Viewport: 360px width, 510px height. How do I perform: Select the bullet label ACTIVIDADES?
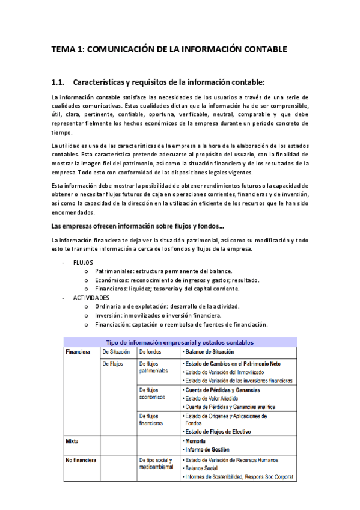click(x=91, y=298)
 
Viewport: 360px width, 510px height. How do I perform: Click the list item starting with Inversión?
click(x=158, y=315)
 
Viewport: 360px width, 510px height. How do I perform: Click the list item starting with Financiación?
click(x=181, y=324)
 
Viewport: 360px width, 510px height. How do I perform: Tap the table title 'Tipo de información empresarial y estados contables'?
click(x=180, y=342)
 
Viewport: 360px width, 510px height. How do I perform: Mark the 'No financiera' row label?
click(x=81, y=460)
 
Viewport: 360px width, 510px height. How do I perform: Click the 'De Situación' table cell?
click(x=117, y=352)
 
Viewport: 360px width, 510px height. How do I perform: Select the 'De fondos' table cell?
click(x=150, y=352)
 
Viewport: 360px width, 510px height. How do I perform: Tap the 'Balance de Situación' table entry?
click(x=209, y=352)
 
